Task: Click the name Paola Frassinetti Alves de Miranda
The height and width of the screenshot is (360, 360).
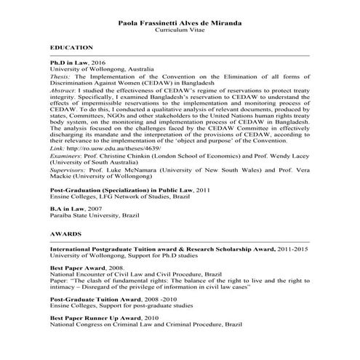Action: pos(180,23)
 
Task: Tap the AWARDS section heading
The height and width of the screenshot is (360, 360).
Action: pos(65,236)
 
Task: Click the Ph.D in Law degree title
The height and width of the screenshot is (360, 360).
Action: pos(72,63)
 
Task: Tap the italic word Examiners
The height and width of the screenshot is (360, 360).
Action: pos(67,157)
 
